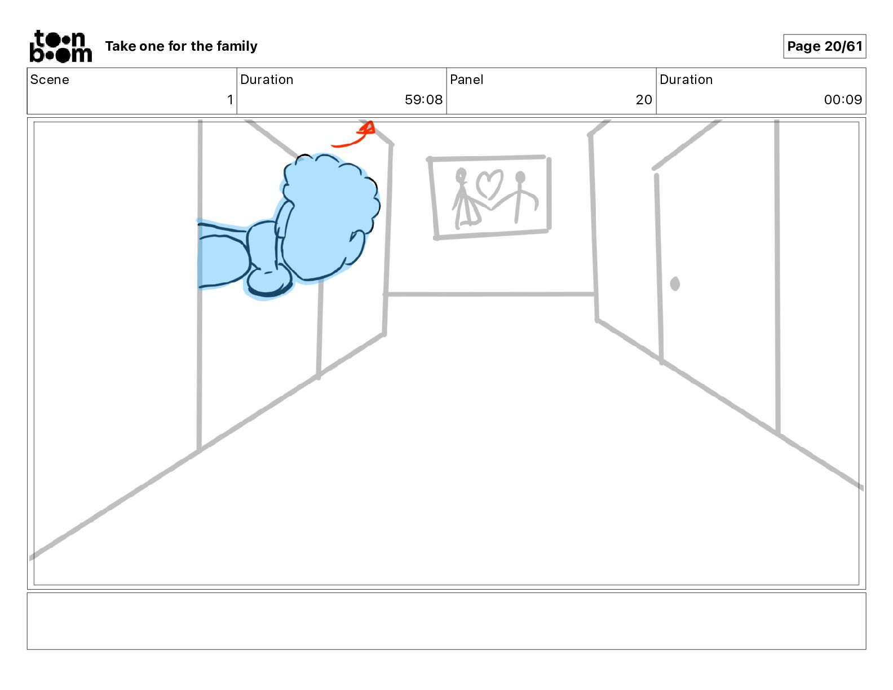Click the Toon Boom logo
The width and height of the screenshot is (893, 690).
tap(61, 46)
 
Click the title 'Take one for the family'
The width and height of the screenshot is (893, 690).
tap(181, 46)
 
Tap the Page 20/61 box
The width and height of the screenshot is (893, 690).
tap(824, 46)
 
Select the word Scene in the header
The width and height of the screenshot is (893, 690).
tap(50, 79)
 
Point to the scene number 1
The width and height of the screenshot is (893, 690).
tap(230, 99)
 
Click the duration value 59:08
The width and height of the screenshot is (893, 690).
tap(424, 99)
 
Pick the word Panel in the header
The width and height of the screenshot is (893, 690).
tap(466, 79)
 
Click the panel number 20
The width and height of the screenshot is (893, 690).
tap(644, 99)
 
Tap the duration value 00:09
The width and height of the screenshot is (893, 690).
tap(843, 99)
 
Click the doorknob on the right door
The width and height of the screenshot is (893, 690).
tap(675, 284)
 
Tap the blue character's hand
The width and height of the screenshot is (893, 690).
tap(269, 283)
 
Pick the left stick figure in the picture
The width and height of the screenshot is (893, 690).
tap(466, 200)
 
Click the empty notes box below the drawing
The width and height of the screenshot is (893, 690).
tap(446, 621)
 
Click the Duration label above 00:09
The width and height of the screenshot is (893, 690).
tap(686, 79)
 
